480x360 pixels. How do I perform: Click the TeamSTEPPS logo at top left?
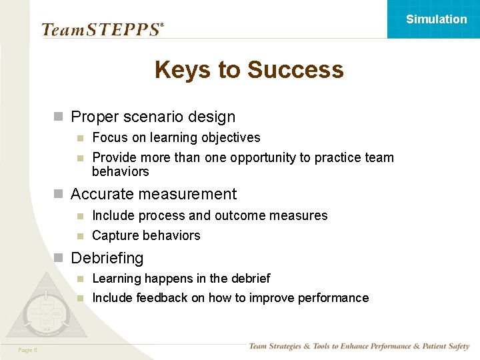(102, 29)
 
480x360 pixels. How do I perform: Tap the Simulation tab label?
(437, 19)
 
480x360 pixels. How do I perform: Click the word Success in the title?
(295, 69)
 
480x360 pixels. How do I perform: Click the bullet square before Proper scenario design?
(58, 117)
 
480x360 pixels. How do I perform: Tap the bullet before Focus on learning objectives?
(79, 138)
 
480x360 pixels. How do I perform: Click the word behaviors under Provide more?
(120, 171)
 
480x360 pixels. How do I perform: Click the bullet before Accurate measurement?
(58, 194)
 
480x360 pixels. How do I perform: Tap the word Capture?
(114, 235)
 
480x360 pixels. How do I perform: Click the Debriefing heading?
(107, 258)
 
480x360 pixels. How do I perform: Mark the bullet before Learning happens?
(79, 279)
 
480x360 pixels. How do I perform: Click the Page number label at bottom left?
(28, 350)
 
